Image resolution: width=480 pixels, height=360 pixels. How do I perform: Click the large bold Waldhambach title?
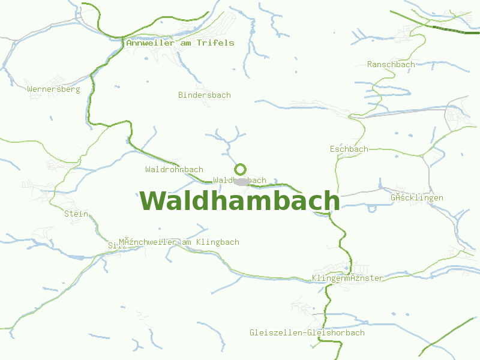coord(240,201)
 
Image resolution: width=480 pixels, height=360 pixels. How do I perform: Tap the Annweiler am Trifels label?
coord(180,43)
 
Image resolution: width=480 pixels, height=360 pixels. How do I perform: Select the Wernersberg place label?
coord(53,89)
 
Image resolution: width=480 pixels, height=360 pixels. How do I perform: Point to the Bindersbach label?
coord(205,95)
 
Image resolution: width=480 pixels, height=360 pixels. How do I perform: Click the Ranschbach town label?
coord(391,64)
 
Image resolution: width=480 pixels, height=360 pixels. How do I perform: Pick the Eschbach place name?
coord(349,149)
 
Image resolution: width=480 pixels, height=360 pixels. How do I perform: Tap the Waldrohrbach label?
coord(174,170)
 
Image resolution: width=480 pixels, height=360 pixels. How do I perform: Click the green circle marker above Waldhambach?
coord(241,169)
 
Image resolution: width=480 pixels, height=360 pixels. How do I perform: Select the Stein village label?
coord(76,214)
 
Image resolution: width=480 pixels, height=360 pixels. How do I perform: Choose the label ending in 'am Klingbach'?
coord(179,242)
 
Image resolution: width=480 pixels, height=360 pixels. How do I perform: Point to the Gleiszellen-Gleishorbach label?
coord(307,332)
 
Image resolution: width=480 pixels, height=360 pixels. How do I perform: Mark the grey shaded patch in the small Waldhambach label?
coord(241,181)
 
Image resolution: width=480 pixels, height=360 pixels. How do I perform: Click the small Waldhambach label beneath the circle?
coord(239,181)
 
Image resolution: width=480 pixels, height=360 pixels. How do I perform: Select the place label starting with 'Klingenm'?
coord(347,278)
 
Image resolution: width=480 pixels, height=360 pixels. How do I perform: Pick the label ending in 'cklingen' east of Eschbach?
coord(417,197)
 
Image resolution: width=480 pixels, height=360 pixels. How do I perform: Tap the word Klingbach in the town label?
coord(220,242)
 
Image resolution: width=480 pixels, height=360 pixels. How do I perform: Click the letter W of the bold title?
coord(152,201)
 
